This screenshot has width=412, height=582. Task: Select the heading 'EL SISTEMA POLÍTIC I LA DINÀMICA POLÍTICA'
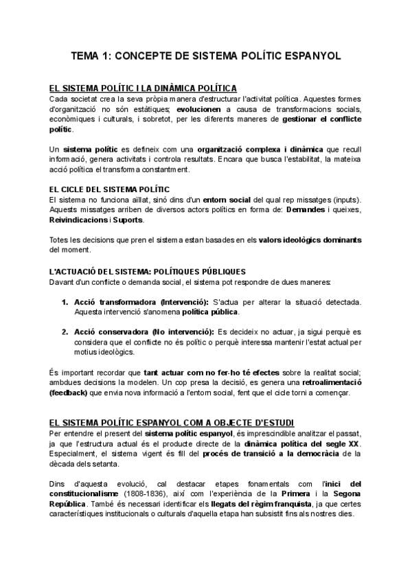click(x=144, y=88)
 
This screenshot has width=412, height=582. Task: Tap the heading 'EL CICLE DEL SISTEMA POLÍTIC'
click(x=110, y=189)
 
